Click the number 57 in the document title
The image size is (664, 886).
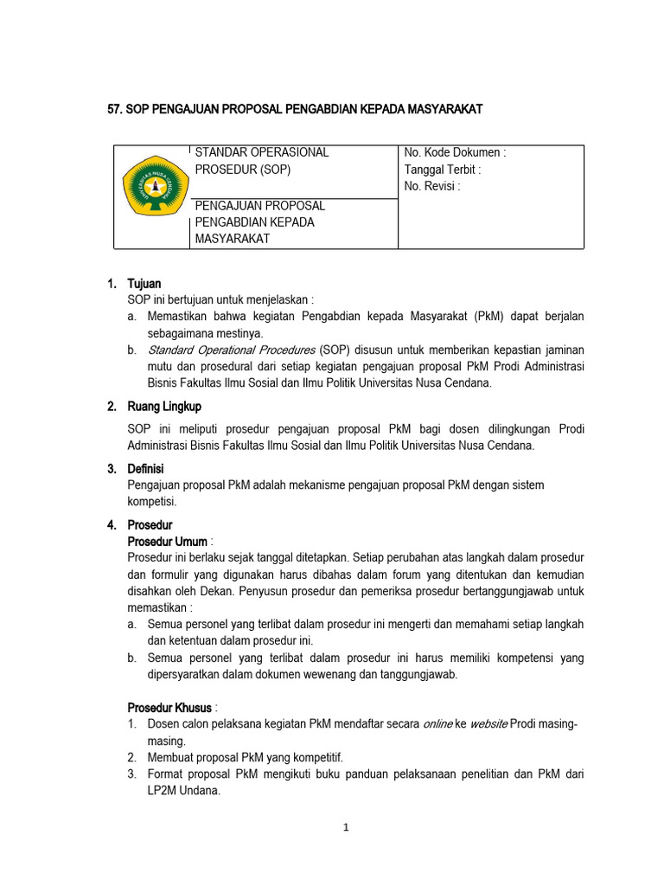[x=110, y=109]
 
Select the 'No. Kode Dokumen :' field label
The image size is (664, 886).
[x=455, y=152]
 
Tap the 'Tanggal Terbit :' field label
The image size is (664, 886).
[x=443, y=170]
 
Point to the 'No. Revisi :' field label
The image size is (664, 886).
[x=432, y=186]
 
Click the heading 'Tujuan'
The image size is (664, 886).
[x=144, y=283]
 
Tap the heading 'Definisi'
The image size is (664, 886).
[x=146, y=469]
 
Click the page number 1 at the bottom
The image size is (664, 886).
[x=345, y=827]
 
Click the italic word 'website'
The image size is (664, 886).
[x=488, y=724]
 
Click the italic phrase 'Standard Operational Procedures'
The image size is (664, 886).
[x=231, y=350]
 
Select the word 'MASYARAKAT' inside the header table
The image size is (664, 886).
[x=233, y=239]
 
